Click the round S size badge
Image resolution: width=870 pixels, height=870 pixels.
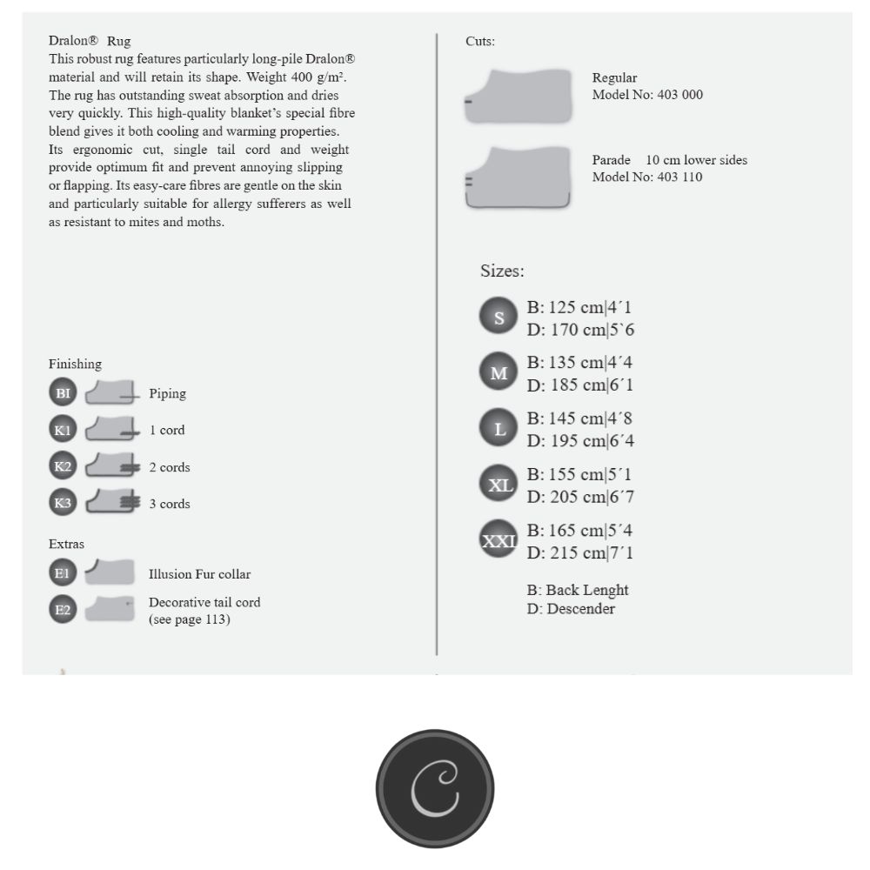tap(499, 318)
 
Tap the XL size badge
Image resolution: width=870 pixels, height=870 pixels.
tap(499, 485)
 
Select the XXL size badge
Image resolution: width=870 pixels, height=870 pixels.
tap(499, 540)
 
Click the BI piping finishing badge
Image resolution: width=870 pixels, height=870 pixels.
tap(63, 393)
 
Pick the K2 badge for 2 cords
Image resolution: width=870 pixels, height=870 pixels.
tap(63, 466)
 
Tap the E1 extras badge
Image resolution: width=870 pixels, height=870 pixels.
tap(63, 573)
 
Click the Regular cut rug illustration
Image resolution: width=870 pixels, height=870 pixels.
tap(519, 96)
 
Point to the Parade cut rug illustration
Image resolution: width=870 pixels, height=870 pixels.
tap(519, 177)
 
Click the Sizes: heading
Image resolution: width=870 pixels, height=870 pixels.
tap(502, 271)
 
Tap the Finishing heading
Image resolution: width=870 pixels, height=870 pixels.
tap(75, 364)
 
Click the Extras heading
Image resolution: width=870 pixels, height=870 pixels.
tap(66, 544)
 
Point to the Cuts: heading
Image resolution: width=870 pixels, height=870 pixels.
tap(480, 41)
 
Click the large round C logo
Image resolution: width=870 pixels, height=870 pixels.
tap(435, 788)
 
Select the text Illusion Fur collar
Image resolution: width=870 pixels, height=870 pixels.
tap(199, 574)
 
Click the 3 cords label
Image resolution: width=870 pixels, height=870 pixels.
tap(169, 504)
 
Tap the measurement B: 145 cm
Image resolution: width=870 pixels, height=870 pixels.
tap(580, 418)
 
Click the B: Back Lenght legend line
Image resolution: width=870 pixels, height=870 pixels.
tap(578, 590)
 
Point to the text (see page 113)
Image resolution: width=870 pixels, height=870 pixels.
tap(189, 619)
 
